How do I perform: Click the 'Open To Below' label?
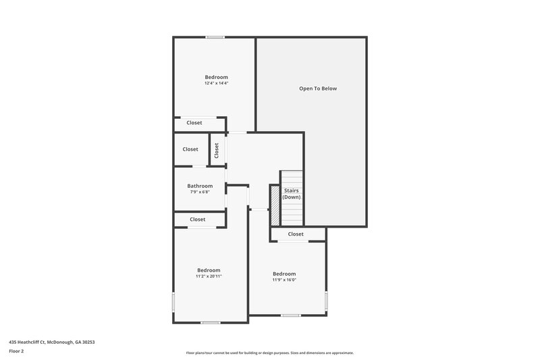tap(318, 88)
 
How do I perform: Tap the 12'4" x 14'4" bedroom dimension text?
tap(216, 84)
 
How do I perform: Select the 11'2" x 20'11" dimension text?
tap(209, 276)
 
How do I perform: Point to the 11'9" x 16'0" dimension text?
tap(284, 280)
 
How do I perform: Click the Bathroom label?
tap(200, 186)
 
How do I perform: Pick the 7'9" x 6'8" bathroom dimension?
tap(200, 192)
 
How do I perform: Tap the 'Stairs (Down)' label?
tap(291, 194)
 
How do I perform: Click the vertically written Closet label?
tap(217, 150)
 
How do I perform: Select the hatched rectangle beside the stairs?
tap(275, 205)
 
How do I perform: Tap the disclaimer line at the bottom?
tap(269, 353)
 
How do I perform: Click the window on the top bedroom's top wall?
tap(215, 37)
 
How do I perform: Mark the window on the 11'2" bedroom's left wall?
tap(174, 301)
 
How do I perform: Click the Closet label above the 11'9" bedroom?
tap(296, 234)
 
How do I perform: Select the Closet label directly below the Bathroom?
tap(197, 220)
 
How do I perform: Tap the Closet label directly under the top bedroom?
tap(194, 123)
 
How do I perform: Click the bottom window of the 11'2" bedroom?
tap(210, 323)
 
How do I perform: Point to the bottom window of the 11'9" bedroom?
tap(291, 315)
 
